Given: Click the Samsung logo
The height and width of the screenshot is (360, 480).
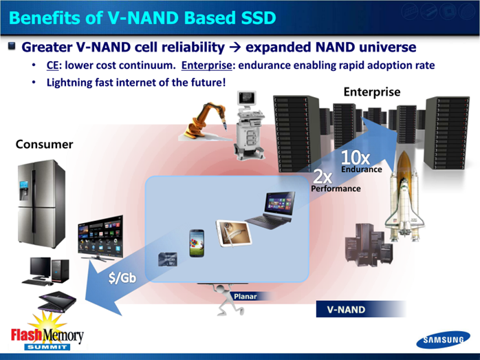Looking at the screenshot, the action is [x=443, y=339].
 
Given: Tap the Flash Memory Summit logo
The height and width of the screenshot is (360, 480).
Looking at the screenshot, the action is [x=47, y=332].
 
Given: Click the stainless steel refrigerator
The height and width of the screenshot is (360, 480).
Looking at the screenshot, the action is [x=41, y=204].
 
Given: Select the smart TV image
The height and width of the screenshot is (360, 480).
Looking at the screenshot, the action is [x=101, y=238].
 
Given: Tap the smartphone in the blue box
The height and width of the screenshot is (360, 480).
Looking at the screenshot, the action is [x=197, y=243].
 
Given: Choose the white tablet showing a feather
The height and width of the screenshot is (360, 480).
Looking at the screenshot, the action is [x=234, y=233].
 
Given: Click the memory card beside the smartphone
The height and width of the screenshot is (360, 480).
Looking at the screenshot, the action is [x=168, y=260].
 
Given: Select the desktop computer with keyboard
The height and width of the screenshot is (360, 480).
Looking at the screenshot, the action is [x=46, y=271].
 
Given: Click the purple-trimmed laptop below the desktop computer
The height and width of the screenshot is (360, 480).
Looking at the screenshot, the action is [x=57, y=301].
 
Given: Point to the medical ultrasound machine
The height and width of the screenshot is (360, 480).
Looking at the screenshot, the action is [x=250, y=125].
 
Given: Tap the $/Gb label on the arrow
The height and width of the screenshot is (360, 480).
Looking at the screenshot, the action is [x=122, y=277].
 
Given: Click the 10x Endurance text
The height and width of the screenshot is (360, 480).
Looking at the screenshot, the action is [x=361, y=161].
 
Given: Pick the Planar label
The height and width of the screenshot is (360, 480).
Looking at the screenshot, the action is [x=246, y=296].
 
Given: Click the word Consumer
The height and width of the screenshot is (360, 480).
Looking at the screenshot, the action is [x=45, y=145].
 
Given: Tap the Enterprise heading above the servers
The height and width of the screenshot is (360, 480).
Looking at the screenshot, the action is [x=372, y=92].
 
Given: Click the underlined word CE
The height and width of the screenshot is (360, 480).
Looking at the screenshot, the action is [x=52, y=65].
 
